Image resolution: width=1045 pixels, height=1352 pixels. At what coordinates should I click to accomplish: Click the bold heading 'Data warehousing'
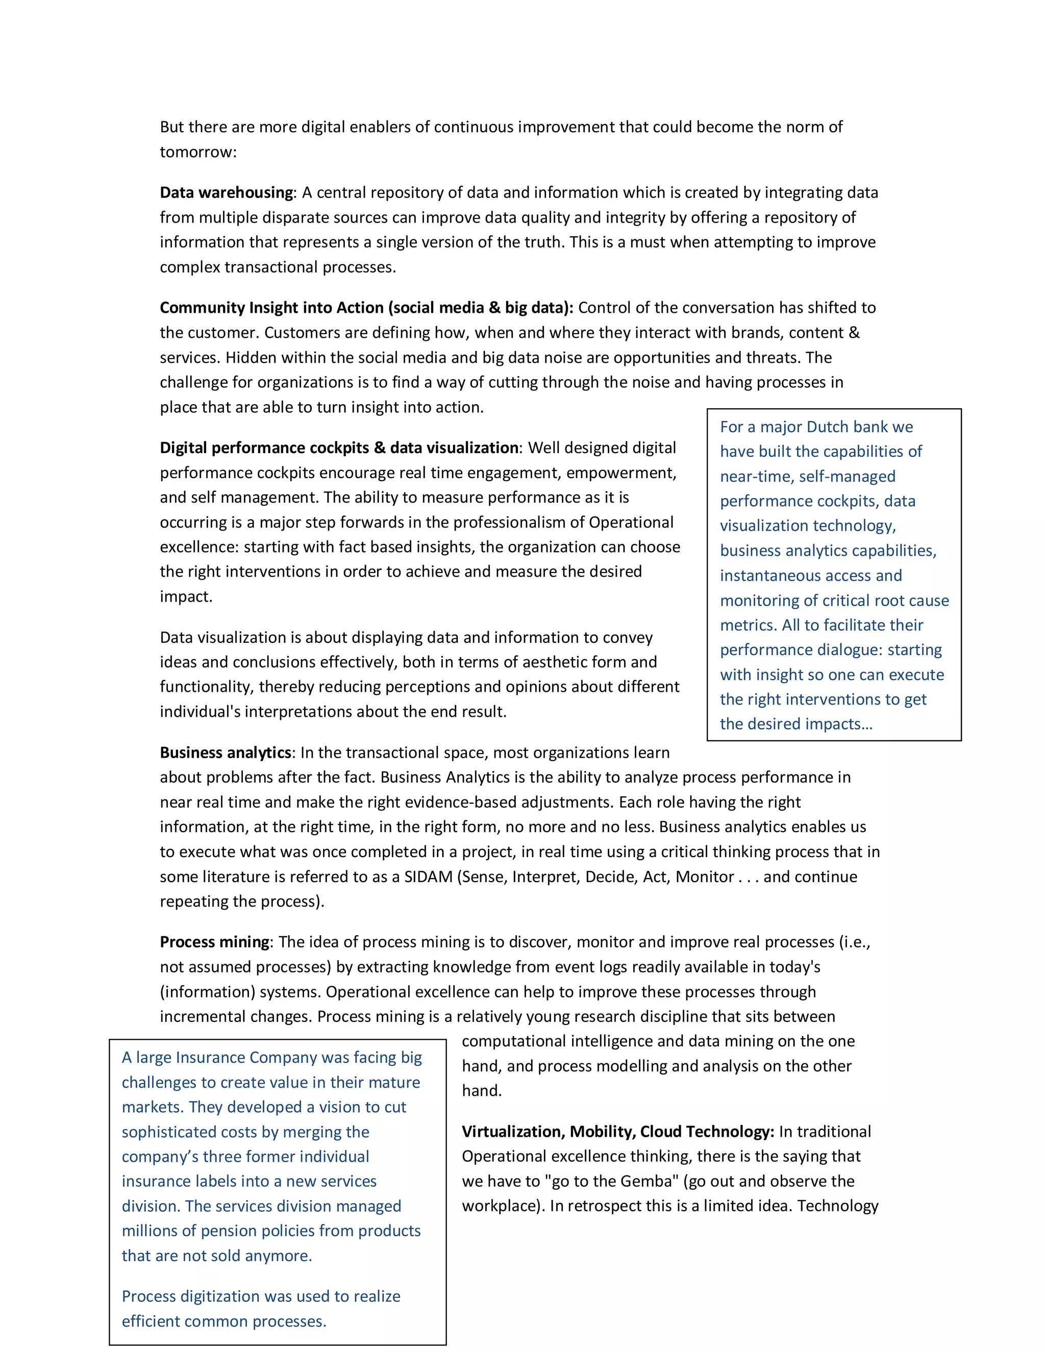tap(226, 192)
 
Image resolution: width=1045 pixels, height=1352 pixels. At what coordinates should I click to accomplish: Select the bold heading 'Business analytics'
tap(226, 753)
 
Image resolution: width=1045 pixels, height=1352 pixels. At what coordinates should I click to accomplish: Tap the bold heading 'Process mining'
tap(214, 942)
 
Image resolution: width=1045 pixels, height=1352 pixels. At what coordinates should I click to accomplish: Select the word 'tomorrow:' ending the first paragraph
tap(198, 152)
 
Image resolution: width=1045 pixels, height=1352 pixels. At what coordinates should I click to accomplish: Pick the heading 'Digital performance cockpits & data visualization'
tap(339, 447)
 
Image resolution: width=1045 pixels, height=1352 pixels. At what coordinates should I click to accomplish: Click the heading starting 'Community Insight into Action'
tap(366, 308)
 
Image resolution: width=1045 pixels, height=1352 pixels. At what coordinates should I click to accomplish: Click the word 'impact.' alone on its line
tap(186, 597)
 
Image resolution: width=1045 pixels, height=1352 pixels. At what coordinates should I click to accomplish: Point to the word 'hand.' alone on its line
tap(482, 1091)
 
